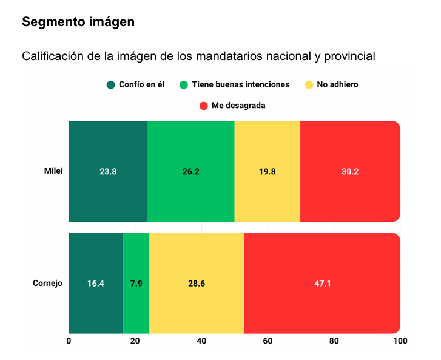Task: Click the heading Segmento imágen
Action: pos(78,22)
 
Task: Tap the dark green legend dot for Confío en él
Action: pos(111,84)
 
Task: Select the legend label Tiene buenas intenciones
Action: pos(240,84)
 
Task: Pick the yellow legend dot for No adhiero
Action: pos(309,84)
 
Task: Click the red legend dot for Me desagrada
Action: pos(204,106)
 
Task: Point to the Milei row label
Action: pos(53,171)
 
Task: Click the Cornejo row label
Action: pos(48,283)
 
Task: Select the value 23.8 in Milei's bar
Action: pos(108,172)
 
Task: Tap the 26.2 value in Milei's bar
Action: pos(191,172)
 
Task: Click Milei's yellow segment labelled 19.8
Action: pos(268,172)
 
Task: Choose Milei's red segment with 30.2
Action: pos(350,172)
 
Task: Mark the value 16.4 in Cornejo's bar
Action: pos(96,284)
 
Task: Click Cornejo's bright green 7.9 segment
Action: pos(136,284)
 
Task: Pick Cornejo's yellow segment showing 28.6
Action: pos(197,284)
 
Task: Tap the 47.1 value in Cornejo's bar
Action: pos(322,284)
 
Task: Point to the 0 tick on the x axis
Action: pos(69,341)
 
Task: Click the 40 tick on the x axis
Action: pos(201,341)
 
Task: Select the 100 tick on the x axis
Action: pos(399,341)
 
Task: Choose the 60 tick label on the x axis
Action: pos(268,341)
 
